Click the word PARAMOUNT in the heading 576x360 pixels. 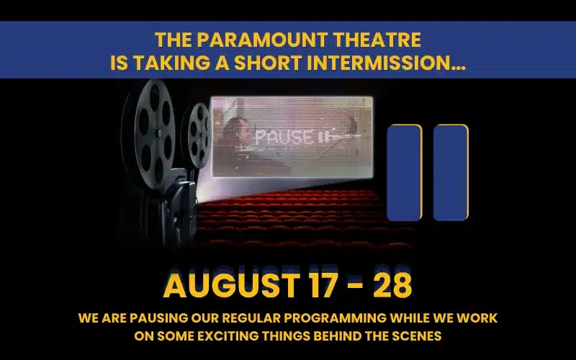pos(263,40)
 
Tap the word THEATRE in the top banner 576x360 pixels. pos(377,40)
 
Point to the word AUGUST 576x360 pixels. pos(230,285)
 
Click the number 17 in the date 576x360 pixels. pos(323,285)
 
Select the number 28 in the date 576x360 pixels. pos(392,285)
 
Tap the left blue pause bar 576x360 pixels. pos(405,173)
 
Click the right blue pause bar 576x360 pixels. pos(451,173)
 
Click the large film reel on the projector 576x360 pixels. pos(153,133)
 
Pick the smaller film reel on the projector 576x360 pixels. pos(199,135)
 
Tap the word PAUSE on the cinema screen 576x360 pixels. pos(284,137)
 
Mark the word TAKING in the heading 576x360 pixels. pos(171,63)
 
